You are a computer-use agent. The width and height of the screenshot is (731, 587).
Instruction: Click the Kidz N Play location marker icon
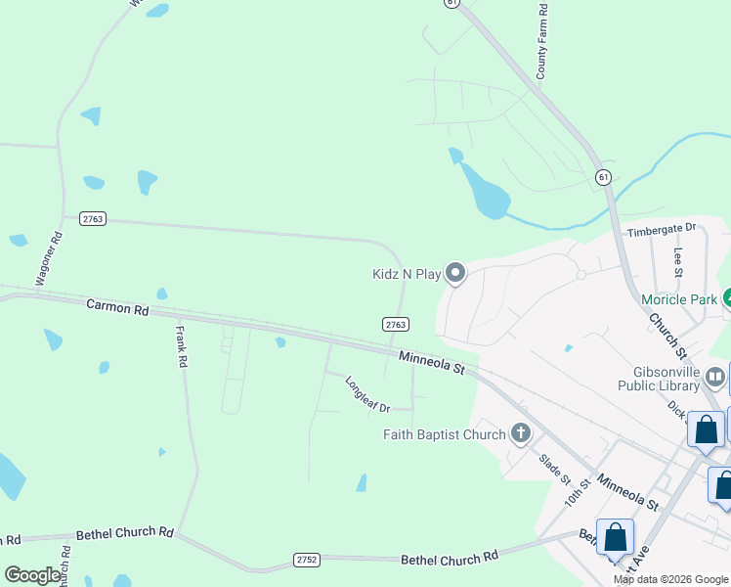454,273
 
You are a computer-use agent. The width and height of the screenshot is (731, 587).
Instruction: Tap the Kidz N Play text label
407,275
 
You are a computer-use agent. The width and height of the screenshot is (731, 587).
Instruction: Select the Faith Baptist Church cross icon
521,433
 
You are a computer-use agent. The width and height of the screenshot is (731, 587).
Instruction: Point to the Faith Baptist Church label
444,434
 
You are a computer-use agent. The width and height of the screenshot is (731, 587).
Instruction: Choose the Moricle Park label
678,298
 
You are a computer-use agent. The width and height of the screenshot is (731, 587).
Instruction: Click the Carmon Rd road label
117,307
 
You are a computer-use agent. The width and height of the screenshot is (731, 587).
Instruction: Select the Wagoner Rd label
50,258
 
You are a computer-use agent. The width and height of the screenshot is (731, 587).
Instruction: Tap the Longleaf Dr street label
367,394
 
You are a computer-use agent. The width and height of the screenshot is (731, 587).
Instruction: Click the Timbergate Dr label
661,229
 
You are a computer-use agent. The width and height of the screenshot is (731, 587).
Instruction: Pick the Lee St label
678,260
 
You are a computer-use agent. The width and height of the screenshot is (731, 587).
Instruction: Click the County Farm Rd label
542,41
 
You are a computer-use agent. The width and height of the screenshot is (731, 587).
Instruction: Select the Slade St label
554,466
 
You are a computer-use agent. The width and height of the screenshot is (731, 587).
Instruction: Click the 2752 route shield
306,560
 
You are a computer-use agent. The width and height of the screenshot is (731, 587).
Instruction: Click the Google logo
32,575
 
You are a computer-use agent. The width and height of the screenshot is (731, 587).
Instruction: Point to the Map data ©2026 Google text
670,579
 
